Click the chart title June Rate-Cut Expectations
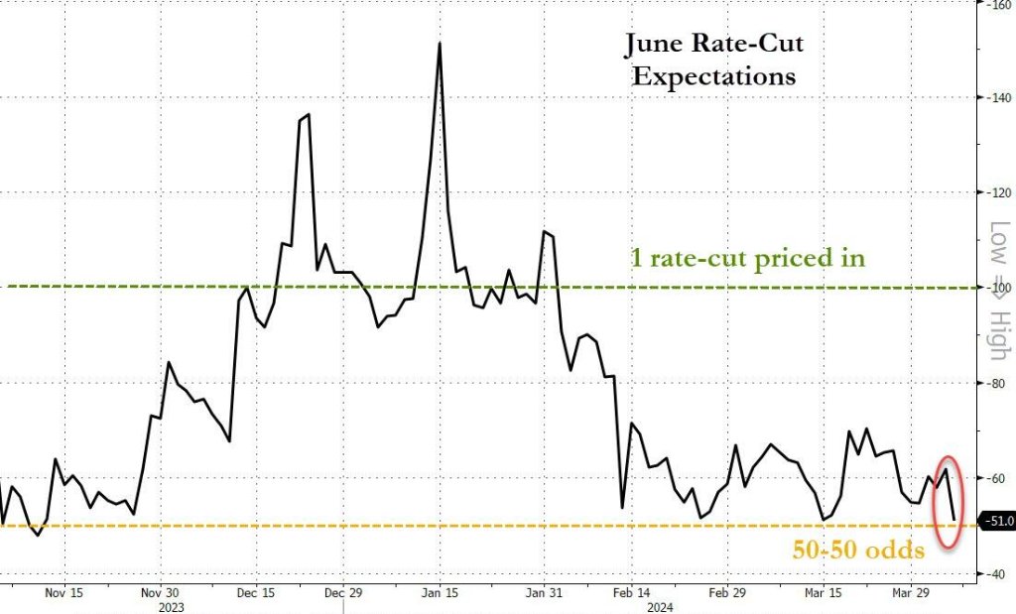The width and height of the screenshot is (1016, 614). (714, 60)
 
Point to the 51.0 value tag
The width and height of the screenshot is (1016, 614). (997, 519)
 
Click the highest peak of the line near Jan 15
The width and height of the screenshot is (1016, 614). (439, 44)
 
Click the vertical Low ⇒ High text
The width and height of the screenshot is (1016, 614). (998, 288)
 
